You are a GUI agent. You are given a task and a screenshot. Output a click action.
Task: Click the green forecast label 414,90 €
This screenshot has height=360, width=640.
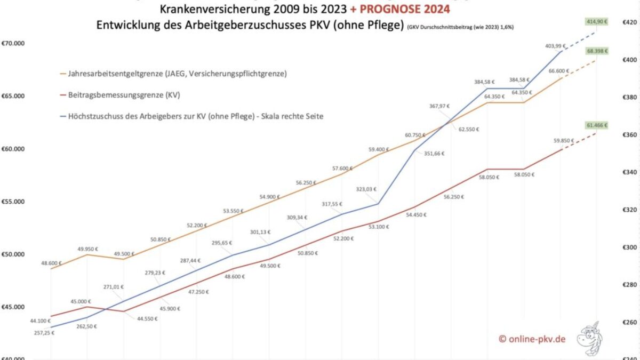(597, 22)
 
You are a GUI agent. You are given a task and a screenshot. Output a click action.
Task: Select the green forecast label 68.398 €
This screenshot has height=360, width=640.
(597, 51)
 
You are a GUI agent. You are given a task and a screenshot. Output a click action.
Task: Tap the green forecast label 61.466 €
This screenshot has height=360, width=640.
(597, 125)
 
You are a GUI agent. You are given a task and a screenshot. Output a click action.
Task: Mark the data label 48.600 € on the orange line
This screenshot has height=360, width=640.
(51, 263)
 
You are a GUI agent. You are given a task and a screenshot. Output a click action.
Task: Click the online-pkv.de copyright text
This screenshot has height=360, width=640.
(532, 339)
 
